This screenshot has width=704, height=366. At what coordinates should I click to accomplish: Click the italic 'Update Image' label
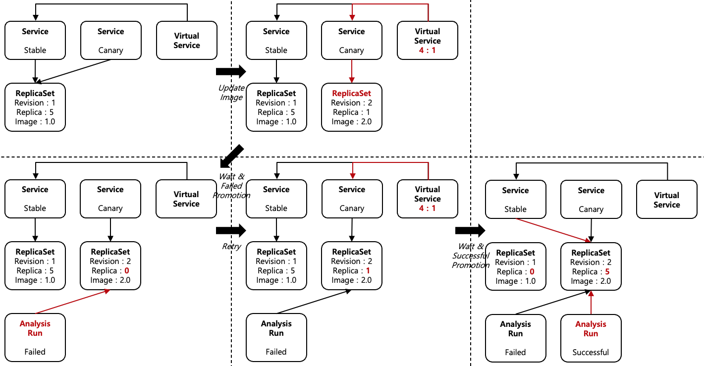pyautogui.click(x=231, y=93)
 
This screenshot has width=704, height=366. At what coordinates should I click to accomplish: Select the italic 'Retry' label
pyautogui.click(x=231, y=247)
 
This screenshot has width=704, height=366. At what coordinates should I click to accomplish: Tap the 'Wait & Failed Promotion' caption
pyautogui.click(x=231, y=186)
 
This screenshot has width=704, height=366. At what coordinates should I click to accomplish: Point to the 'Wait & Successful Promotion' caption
pyautogui.click(x=471, y=256)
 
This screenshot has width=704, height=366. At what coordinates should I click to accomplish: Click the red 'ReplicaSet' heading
pyautogui.click(x=351, y=93)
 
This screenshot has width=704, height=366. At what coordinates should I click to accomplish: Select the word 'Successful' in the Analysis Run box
pyautogui.click(x=591, y=352)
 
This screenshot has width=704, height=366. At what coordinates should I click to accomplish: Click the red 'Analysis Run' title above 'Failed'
pyautogui.click(x=35, y=328)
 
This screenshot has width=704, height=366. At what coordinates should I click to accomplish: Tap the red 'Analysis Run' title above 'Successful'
pyautogui.click(x=591, y=329)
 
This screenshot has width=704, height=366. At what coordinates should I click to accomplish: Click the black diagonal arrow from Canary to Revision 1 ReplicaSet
pyautogui.click(x=74, y=71)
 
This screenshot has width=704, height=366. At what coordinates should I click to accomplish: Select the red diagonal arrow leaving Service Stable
pyautogui.click(x=552, y=230)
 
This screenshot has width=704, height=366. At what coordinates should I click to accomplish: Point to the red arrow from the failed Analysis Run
pyautogui.click(x=73, y=302)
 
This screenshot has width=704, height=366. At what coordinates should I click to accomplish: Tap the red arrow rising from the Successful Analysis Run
pyautogui.click(x=591, y=302)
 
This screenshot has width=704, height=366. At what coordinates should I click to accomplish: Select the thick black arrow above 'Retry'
pyautogui.click(x=231, y=230)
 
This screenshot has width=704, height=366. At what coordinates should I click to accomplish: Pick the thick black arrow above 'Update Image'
pyautogui.click(x=231, y=72)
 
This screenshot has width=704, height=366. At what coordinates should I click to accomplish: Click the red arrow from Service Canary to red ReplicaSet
pyautogui.click(x=351, y=71)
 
